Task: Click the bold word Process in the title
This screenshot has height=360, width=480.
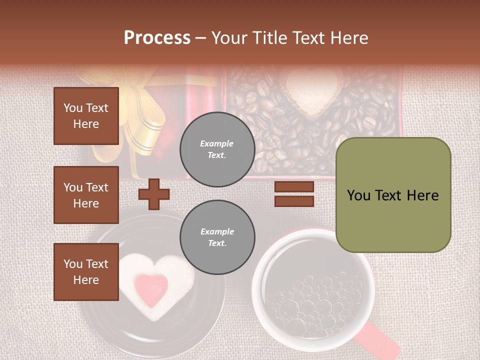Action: click(x=157, y=37)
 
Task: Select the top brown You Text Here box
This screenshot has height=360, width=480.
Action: click(x=86, y=116)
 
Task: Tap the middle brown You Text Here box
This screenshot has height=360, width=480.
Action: click(x=86, y=195)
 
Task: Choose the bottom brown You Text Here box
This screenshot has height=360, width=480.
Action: click(x=86, y=271)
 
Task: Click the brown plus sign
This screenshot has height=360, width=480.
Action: click(x=153, y=194)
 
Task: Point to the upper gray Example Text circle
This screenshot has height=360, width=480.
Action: click(x=217, y=149)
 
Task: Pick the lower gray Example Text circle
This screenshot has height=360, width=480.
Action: click(x=217, y=237)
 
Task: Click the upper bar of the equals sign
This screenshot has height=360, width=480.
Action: click(x=294, y=186)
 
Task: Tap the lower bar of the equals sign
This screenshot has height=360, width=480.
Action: click(x=294, y=201)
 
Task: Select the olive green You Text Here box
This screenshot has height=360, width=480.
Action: click(x=393, y=195)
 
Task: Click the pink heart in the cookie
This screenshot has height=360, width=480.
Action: click(x=151, y=288)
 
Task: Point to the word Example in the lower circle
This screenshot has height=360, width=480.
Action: click(x=217, y=231)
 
